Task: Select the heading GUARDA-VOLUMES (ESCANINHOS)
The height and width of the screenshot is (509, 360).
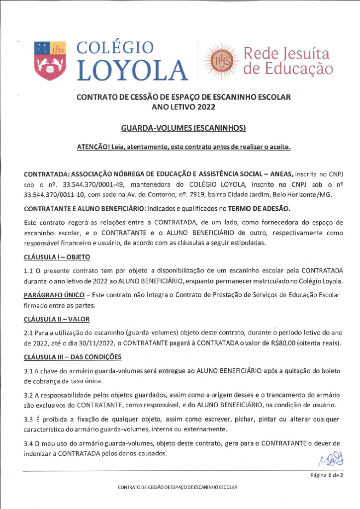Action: [x=183, y=129]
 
